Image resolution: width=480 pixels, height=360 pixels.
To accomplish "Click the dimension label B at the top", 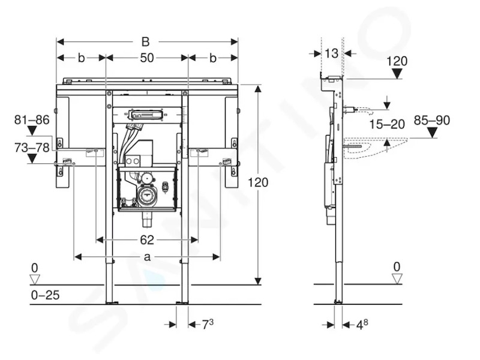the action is [145, 41].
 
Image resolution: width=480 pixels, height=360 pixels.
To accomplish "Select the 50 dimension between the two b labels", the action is [147, 58].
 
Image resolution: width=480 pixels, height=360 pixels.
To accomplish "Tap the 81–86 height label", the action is [32, 119].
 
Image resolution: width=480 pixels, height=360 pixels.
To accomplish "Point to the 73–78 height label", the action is [32, 148].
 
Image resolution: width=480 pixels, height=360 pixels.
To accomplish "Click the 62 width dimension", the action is [147, 239].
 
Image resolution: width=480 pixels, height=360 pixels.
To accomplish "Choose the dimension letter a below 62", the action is [147, 257].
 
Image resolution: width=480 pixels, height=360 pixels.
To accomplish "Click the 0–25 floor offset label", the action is [46, 295].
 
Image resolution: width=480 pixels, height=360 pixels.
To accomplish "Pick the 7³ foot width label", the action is [208, 324].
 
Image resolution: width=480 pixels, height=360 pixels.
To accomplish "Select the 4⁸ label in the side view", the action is [362, 325].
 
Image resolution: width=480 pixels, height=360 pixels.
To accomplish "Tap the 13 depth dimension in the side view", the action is [331, 53].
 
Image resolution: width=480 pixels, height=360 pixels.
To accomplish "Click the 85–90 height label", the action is [432, 121].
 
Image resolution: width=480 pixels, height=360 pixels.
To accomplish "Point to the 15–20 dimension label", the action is [387, 124].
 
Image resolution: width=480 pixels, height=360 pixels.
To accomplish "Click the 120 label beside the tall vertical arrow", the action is [258, 182].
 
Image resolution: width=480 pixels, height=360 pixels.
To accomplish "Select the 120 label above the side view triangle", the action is [397, 61].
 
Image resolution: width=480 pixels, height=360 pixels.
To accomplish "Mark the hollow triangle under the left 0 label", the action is [35, 280].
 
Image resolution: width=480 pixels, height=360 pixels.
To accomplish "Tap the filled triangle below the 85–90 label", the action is [432, 133].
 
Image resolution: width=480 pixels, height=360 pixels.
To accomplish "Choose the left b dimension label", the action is [81, 58].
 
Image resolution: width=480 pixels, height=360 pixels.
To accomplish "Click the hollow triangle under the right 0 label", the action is [397, 279].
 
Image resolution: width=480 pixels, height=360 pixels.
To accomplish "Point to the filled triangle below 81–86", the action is [32, 131].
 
